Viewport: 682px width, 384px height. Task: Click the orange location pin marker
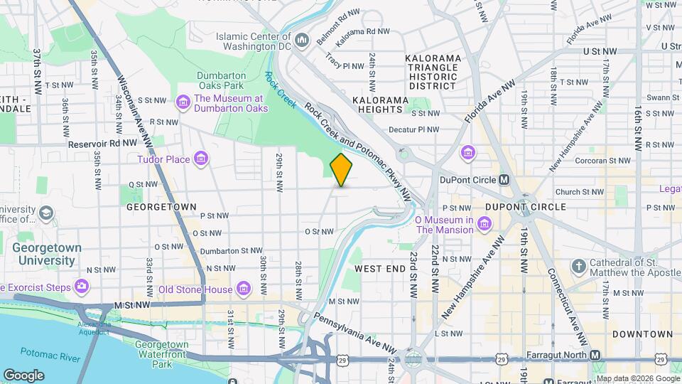tap(341, 170)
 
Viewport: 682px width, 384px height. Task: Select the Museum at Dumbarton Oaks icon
tap(183, 103)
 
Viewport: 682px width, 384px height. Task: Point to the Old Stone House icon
tap(244, 289)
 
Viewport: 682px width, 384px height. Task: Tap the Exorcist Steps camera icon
tap(82, 287)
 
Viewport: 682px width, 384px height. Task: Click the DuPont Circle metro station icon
tap(504, 179)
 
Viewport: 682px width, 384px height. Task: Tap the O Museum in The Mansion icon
tap(485, 225)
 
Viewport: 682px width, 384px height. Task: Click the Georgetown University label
tap(46, 254)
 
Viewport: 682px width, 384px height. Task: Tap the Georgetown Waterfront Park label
tap(163, 354)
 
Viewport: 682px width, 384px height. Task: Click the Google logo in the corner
tap(23, 375)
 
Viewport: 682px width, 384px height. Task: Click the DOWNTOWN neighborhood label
tap(642, 334)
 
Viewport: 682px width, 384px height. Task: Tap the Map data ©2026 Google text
tap(637, 378)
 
